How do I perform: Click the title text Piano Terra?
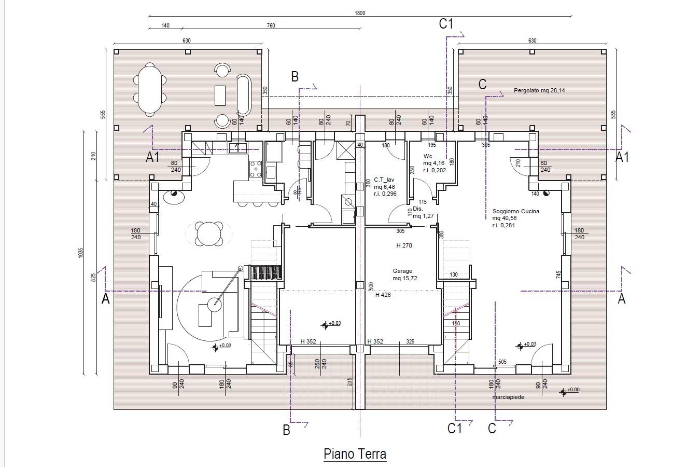coord(355,454)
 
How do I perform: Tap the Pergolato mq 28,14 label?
coord(539,90)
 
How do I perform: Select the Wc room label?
coord(428,156)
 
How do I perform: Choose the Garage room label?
coord(402,271)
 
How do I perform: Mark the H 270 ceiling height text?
coord(404,246)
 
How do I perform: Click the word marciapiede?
coord(508,397)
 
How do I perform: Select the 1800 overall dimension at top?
coord(360,13)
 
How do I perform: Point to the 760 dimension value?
coord(271,26)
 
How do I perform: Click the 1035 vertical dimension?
coord(81,253)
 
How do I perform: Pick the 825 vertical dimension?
coord(94,278)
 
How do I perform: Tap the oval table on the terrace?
coord(150,89)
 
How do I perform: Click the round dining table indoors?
coord(209,234)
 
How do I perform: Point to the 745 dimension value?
coord(559,274)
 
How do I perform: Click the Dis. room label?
coord(418,209)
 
